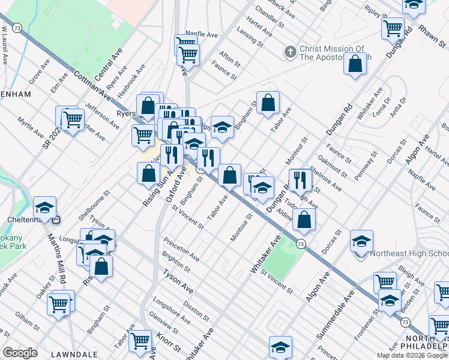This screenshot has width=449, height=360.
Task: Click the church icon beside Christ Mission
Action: point(290,52)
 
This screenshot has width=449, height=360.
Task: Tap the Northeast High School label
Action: point(408,253)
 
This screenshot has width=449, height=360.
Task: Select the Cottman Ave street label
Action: point(92,85)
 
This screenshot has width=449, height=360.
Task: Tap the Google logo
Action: point(20,353)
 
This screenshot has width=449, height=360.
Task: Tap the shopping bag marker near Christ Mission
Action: point(355,64)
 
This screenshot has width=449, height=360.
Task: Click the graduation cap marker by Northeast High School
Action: point(361,241)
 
